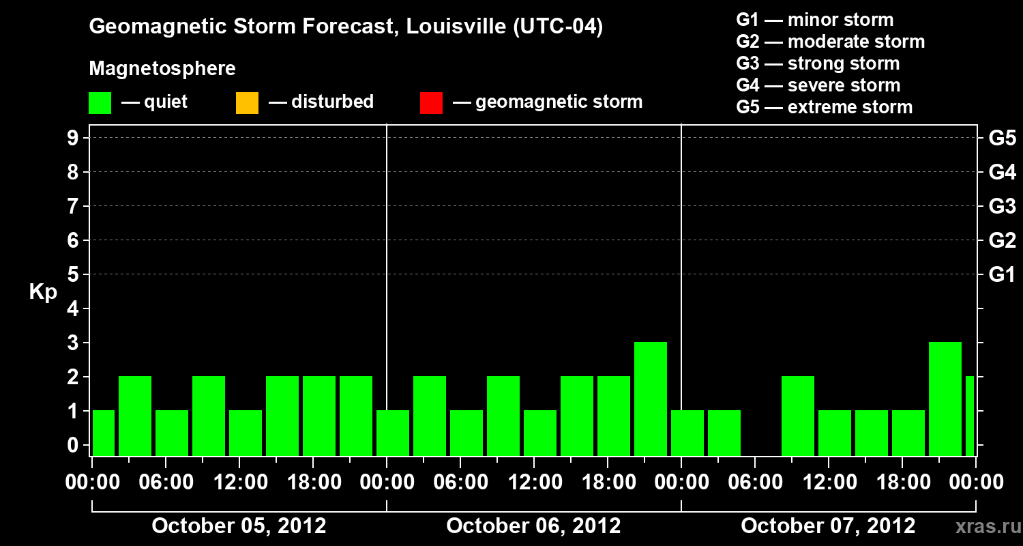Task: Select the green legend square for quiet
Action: coord(100,102)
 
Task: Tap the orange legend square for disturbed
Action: coord(247,102)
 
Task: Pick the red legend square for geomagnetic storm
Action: coord(431,102)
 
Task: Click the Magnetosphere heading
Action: coord(162,69)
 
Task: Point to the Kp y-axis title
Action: coord(43,292)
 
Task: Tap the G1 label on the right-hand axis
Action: coord(1002,274)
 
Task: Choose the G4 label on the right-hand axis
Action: coord(1002,172)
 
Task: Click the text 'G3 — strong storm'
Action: coord(818,63)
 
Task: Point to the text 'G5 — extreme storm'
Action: coord(824,107)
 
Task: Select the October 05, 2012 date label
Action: coord(239,526)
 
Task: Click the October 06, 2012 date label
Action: coord(533,526)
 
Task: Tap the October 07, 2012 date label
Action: coord(828,526)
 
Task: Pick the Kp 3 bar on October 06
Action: coord(651,399)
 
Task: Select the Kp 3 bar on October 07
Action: coord(945,399)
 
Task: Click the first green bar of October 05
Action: coord(104,433)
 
